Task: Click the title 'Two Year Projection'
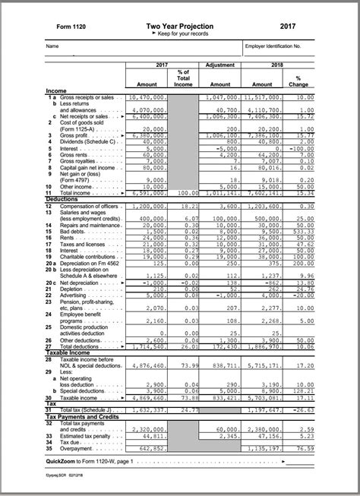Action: tap(179, 27)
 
